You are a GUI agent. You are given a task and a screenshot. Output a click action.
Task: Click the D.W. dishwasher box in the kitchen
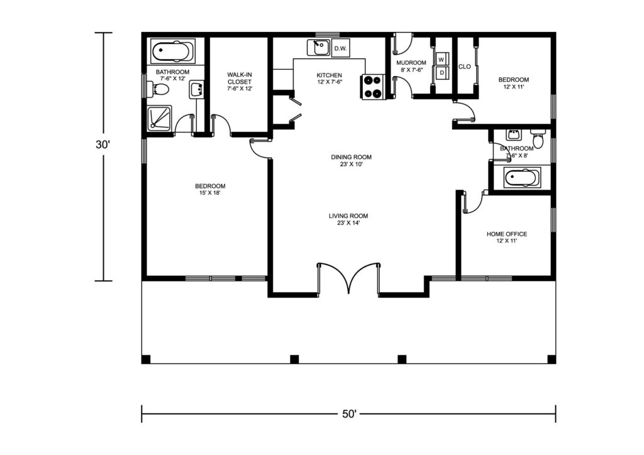[x=340, y=48]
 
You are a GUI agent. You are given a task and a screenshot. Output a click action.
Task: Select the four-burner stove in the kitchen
[x=373, y=87]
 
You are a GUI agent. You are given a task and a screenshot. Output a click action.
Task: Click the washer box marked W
[x=441, y=59]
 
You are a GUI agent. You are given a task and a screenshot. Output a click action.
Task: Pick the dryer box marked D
[x=441, y=73]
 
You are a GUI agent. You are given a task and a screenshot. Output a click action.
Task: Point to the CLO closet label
[x=465, y=67]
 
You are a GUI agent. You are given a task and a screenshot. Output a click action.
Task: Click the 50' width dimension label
[x=349, y=414]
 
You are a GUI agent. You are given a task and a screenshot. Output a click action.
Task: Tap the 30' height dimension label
[x=103, y=145]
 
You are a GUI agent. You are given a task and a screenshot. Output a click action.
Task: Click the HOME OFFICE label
[x=507, y=234]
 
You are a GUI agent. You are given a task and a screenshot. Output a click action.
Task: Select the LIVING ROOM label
[x=348, y=216]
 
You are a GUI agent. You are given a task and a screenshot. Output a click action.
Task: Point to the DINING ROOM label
[x=351, y=156]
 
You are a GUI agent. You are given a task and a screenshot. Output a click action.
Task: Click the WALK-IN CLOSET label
[x=240, y=78]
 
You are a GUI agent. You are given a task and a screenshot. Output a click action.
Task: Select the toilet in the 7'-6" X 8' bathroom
[x=538, y=139]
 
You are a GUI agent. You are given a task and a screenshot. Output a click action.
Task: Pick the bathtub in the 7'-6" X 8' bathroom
[x=517, y=178]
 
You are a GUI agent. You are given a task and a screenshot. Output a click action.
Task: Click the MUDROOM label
[x=411, y=63]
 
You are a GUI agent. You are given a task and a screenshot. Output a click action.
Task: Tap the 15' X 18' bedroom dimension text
[x=210, y=193]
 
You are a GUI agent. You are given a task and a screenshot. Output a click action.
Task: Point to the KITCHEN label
[x=329, y=75]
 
